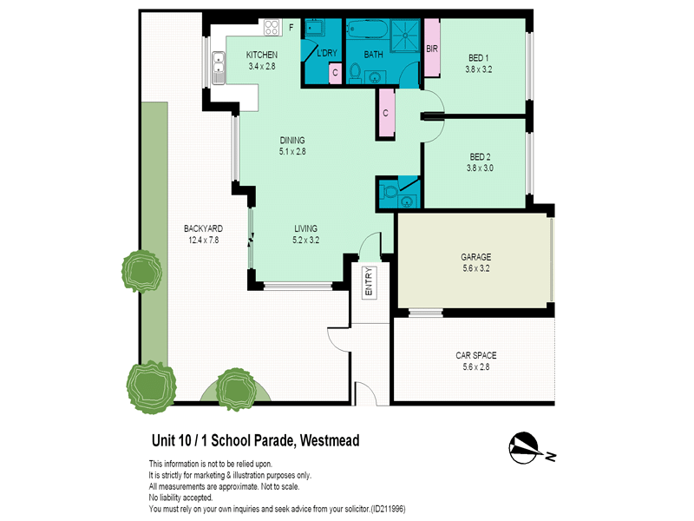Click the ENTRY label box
point(370,282)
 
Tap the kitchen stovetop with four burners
point(272,28)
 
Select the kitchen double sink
point(219,68)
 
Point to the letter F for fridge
point(291,28)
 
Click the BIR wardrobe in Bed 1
point(432,49)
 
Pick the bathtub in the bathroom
point(367,30)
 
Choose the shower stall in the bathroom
point(404,35)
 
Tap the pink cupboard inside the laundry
point(335,73)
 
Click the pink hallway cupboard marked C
point(386,113)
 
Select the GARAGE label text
point(475,257)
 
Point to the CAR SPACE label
point(475,355)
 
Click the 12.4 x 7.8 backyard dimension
point(204,241)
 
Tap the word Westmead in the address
point(330,441)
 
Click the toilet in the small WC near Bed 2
point(389,192)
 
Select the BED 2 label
point(480,157)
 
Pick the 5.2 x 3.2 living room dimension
point(306,241)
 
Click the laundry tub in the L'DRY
point(315,28)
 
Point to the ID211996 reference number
point(388,509)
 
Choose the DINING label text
point(292,140)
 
